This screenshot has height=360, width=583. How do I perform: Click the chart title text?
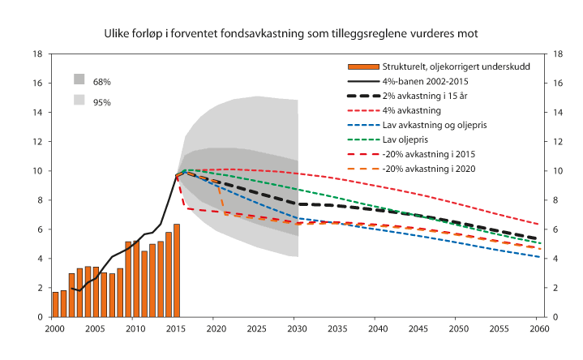coord(291,34)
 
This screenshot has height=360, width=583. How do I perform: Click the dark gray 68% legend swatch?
coord(79,79)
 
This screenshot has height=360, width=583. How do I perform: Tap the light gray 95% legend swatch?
coord(79,100)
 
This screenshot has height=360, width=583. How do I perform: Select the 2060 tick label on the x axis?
coord(538,328)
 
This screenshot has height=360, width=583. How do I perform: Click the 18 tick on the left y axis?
coord(37,54)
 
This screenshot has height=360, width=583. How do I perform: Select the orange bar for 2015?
coord(177,271)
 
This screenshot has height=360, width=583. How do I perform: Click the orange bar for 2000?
coord(56,305)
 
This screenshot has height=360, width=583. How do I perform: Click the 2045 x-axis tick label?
coord(418,328)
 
